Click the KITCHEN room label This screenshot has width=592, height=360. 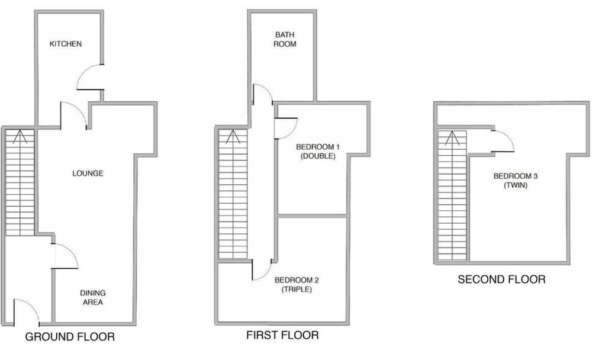(x=66, y=44)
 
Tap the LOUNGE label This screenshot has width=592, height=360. (x=88, y=173)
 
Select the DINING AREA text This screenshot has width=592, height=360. (x=92, y=297)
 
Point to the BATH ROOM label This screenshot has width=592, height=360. (x=285, y=39)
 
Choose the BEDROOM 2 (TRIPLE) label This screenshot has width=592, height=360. (x=293, y=285)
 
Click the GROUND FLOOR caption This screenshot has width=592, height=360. (x=69, y=337)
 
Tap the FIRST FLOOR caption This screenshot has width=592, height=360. (x=282, y=336)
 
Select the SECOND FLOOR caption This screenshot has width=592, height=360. (x=501, y=279)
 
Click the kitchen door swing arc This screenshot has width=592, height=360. (x=89, y=77)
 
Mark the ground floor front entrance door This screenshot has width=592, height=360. (x=25, y=311)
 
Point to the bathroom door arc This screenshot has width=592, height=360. (x=262, y=95)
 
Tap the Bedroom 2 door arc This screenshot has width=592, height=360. (x=262, y=269)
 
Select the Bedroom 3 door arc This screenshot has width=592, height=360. (x=502, y=141)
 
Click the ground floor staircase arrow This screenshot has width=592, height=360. (x=20, y=139)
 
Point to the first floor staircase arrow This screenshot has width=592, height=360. (x=233, y=139)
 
